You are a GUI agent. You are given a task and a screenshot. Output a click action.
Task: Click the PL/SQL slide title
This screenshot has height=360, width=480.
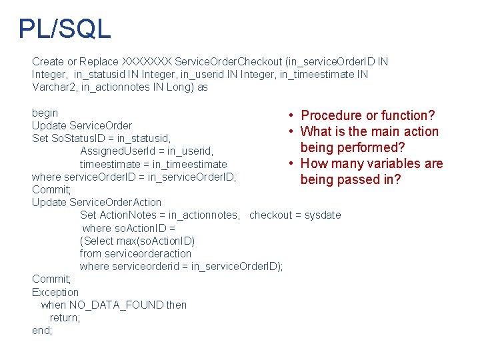coord(65,29)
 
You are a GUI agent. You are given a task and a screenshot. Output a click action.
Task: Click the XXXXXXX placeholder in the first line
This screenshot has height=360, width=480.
coord(146,61)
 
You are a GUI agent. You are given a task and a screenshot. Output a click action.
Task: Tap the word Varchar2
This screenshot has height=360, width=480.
coord(53,87)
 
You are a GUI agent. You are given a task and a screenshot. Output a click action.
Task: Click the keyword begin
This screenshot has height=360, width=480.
coord(45,113)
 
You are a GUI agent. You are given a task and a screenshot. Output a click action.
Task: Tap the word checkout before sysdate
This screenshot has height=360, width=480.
coord(271,215)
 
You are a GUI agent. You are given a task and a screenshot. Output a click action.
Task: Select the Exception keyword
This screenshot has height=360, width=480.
coord(55,292)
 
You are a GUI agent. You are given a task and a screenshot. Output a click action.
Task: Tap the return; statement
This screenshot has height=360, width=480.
coord(65,317)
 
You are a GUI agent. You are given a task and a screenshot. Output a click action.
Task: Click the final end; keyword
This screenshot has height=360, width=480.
coord(42,330)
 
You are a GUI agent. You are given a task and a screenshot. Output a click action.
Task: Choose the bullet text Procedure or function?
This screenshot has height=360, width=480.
coord(368,115)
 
